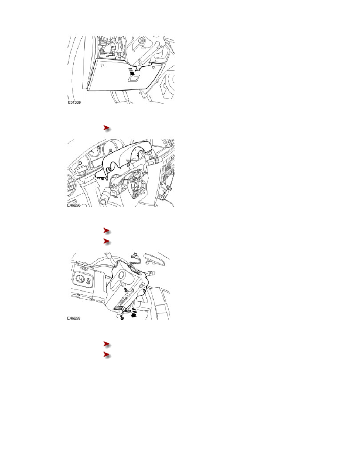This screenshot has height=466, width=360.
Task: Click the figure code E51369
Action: pos(74,102)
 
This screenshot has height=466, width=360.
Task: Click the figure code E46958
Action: pos(74,205)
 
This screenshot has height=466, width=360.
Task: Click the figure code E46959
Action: pos(74,318)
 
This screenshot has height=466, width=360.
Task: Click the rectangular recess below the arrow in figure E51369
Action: pos(134,78)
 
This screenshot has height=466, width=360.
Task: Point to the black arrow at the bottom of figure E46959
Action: pos(134,313)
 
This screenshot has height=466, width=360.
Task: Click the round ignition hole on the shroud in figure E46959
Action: pos(121,275)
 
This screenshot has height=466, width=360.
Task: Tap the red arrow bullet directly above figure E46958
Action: pos(107,128)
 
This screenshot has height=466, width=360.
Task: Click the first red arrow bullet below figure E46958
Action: pos(107,231)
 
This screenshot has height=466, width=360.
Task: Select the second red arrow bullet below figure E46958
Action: pos(107,241)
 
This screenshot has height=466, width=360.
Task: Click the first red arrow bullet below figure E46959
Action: pos(107,344)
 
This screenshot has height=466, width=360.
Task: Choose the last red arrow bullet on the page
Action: pos(107,355)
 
